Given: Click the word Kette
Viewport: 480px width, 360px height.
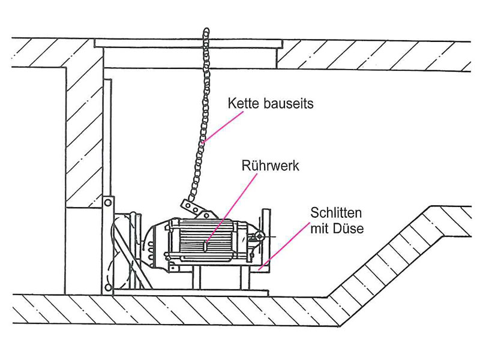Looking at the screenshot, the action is [x=244, y=103].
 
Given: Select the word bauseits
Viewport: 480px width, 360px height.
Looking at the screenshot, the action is [x=288, y=103].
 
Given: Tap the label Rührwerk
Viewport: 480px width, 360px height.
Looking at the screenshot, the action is [x=271, y=166].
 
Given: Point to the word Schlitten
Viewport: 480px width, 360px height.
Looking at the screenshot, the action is [x=336, y=213].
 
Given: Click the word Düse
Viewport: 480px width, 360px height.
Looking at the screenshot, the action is [x=350, y=229].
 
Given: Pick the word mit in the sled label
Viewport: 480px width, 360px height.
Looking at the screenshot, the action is [x=321, y=229].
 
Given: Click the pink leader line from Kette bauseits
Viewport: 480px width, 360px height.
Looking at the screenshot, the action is [x=223, y=127].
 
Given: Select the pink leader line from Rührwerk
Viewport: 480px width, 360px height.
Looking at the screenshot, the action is [x=231, y=208].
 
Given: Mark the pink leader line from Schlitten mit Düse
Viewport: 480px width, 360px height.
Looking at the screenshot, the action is [x=284, y=247].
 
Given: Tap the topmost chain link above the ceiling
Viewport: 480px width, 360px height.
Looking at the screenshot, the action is [x=206, y=32].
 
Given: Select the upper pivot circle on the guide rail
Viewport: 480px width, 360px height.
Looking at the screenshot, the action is [x=107, y=202].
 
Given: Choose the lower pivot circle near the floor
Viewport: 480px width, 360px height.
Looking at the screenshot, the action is [x=108, y=287].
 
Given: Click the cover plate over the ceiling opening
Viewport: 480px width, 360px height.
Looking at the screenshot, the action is [x=188, y=43].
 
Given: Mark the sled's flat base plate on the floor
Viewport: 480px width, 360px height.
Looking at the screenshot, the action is [x=190, y=293].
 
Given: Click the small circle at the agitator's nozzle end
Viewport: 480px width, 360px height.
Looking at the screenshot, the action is [x=260, y=236].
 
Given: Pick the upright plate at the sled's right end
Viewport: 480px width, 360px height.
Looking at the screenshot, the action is [x=266, y=239].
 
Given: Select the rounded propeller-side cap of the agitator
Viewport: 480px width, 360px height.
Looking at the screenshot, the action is [x=154, y=245].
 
